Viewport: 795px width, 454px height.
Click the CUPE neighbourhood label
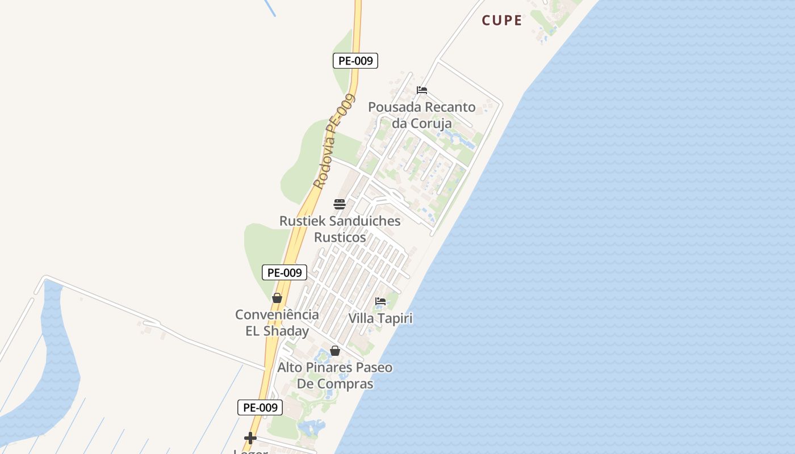tap(502, 20)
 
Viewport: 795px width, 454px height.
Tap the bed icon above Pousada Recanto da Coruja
tap(421, 90)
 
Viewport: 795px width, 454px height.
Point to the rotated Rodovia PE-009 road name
tap(334, 141)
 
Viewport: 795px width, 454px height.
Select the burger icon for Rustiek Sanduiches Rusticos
tap(340, 204)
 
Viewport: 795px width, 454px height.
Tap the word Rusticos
tap(340, 237)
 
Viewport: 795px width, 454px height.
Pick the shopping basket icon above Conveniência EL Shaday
tap(277, 298)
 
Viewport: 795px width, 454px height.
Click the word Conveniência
tap(277, 314)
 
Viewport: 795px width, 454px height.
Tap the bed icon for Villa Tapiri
tap(380, 301)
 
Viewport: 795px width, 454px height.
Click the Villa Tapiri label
tap(380, 318)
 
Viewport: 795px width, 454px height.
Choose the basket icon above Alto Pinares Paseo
tap(335, 351)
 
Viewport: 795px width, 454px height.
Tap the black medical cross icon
tap(250, 438)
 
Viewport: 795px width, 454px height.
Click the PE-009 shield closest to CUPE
tap(355, 61)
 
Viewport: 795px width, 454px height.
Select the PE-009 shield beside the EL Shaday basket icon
tap(284, 272)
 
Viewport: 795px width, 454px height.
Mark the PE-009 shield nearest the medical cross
tap(260, 407)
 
